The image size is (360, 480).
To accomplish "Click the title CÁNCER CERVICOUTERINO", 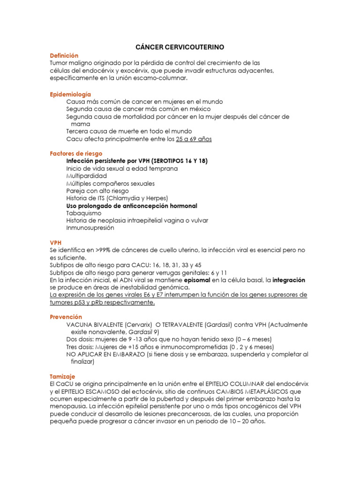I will tap(180, 47).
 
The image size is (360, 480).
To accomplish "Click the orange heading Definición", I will tap(64, 55).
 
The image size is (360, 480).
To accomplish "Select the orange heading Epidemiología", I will tap(70, 94).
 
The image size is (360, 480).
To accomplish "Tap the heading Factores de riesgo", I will tap(76, 153).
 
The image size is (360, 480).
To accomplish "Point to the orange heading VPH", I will tap(56, 243).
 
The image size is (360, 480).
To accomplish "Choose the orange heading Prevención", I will tap(66, 317).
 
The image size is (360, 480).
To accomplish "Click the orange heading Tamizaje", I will tap(62, 376).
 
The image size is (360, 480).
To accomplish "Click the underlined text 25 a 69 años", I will tap(194, 139).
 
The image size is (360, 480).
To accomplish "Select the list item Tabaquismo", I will tap(84, 213).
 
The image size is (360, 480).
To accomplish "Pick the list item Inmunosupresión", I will tap(90, 228).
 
